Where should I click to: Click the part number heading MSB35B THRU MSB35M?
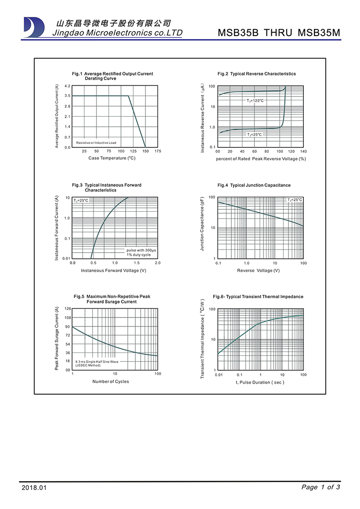click(279, 33)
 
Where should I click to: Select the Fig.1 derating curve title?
click(112, 76)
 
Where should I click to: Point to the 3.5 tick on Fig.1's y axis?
click(67, 96)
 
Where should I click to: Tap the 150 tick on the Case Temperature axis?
click(145, 151)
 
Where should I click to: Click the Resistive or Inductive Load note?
click(96, 143)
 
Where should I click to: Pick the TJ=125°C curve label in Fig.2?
click(255, 101)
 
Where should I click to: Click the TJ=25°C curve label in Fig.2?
click(254, 135)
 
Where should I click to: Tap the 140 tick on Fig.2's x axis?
click(303, 151)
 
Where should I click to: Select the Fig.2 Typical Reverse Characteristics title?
click(256, 74)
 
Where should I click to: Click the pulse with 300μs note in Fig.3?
click(141, 251)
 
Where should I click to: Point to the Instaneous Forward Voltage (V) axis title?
click(113, 270)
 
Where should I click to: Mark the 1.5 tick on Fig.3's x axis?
click(136, 263)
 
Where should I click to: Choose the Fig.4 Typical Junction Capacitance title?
click(254, 185)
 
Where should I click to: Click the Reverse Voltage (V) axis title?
click(258, 270)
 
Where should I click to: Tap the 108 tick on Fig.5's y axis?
click(67, 318)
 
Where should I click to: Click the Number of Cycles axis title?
click(110, 382)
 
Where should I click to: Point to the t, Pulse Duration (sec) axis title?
click(260, 382)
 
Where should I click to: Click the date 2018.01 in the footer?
click(35, 488)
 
